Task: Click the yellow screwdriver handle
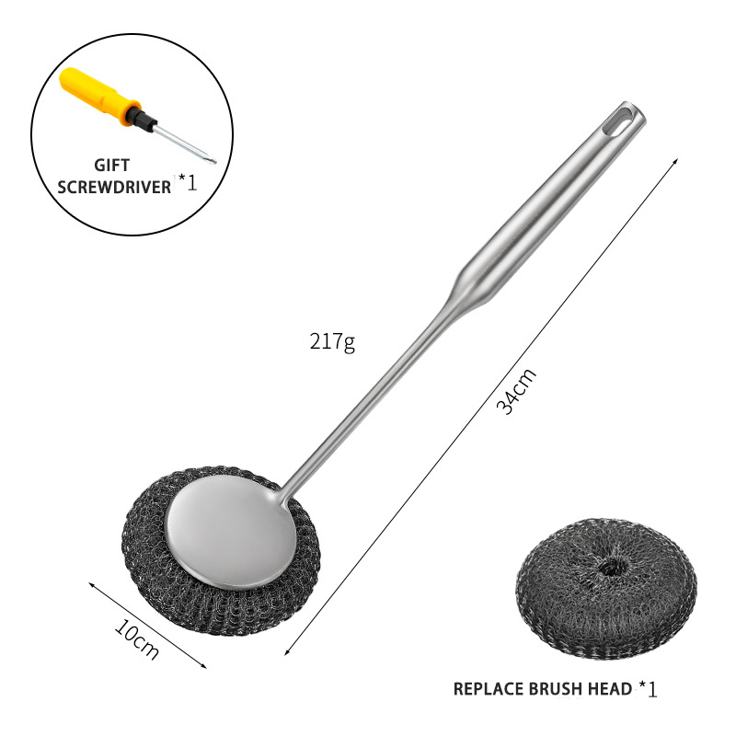(x=98, y=97)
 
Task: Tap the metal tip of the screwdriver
(x=213, y=161)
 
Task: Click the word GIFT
(x=111, y=166)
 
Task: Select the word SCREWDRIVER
(x=114, y=188)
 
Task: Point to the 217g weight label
(x=332, y=342)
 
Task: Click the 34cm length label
(x=516, y=391)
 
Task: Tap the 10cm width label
(x=136, y=638)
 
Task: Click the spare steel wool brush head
(x=606, y=588)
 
